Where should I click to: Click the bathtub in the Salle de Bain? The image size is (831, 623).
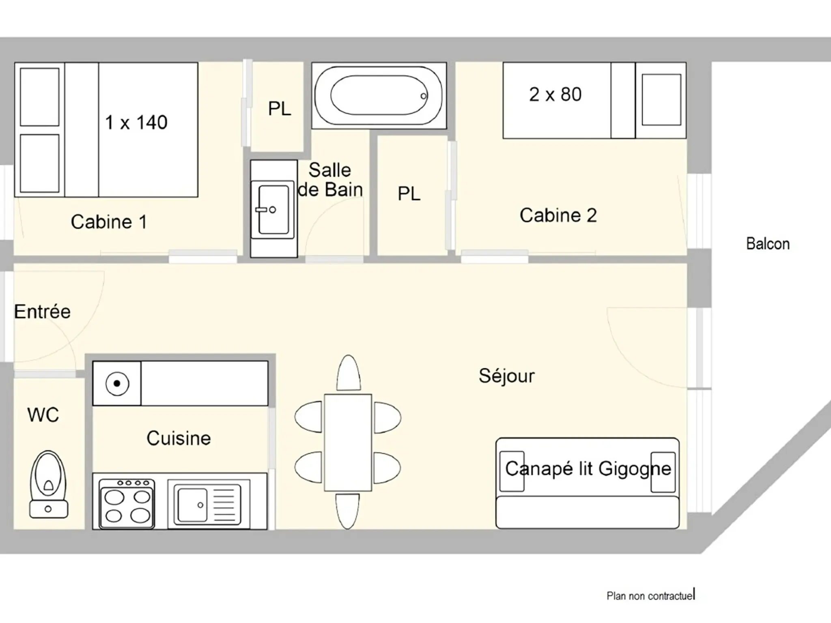[x=379, y=96]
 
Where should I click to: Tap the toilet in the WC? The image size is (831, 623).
[x=48, y=484]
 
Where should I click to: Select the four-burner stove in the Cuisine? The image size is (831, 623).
[x=127, y=504]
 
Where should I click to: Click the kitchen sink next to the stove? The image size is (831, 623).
[x=208, y=504]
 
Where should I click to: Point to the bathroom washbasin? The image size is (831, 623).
[x=273, y=209]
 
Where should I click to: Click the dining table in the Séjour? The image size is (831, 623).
[x=348, y=443]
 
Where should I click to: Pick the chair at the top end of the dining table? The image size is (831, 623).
[x=348, y=373]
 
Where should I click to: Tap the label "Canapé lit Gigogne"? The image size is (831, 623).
[x=588, y=469]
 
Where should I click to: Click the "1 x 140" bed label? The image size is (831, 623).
[x=136, y=122]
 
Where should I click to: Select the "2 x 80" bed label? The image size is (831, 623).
[x=555, y=94]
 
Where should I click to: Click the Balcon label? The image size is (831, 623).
[x=768, y=244]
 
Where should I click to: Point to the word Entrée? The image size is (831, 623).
[x=42, y=311]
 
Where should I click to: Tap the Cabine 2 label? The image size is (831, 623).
[x=558, y=215]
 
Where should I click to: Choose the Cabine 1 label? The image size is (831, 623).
[x=109, y=222]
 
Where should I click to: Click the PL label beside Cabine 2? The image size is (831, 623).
[x=409, y=193]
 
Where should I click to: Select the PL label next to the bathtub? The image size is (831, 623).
[x=280, y=108]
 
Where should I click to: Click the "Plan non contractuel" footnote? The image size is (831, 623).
[x=650, y=596]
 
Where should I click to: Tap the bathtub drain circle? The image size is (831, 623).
[x=424, y=96]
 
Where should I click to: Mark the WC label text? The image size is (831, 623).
[x=43, y=415]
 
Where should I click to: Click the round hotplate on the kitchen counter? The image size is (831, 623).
[x=117, y=383]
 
